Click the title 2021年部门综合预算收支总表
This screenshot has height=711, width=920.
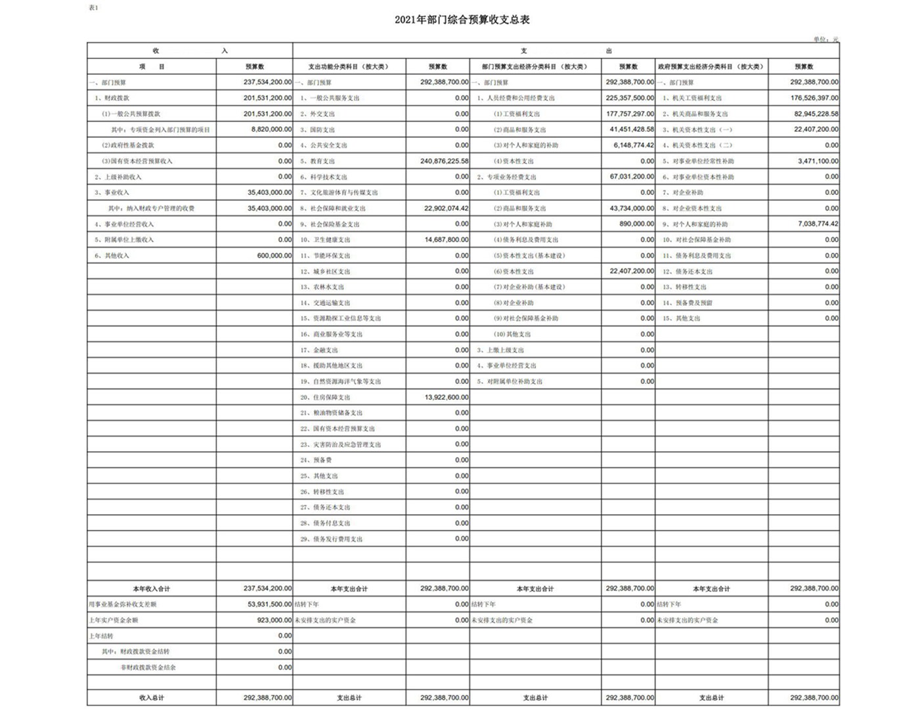(x=462, y=20)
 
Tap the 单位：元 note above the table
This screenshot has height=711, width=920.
(x=825, y=39)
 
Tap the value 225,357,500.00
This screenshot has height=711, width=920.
(x=630, y=98)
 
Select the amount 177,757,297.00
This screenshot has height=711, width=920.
(x=630, y=114)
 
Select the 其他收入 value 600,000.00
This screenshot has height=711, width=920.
(x=274, y=255)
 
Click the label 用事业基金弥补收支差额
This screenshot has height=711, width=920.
(x=123, y=604)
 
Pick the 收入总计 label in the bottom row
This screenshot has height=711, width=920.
(x=152, y=698)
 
